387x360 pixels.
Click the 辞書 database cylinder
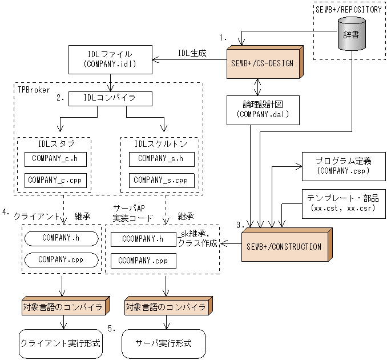point(351,35)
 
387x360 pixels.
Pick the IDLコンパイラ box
point(110,98)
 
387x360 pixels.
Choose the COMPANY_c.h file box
point(53,158)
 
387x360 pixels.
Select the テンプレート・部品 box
point(340,203)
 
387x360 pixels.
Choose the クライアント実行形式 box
point(60,343)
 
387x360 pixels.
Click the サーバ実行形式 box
point(163,343)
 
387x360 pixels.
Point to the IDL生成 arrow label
point(192,53)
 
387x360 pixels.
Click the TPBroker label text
point(32,89)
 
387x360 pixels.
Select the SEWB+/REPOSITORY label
point(348,9)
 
